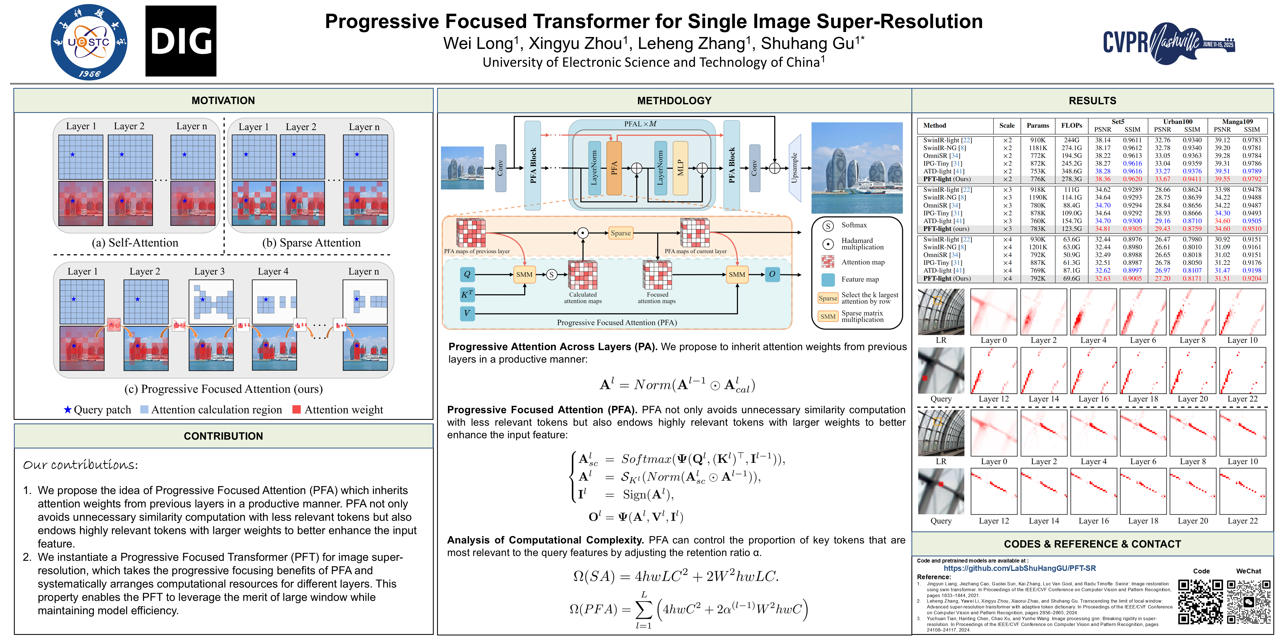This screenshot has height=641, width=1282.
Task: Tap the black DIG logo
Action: (x=181, y=41)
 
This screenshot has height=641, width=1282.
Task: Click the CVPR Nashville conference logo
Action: (x=1168, y=42)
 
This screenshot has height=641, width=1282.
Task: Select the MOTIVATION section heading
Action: (x=223, y=100)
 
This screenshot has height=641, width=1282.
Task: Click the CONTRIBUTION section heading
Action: (x=223, y=436)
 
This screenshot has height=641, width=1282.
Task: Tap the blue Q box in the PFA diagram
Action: (x=467, y=274)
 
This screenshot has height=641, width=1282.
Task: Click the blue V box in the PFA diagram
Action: (x=467, y=313)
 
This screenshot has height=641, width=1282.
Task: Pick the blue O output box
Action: (x=772, y=274)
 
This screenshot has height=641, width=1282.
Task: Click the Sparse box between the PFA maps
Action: (x=621, y=233)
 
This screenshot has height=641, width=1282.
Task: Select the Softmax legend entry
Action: (x=854, y=225)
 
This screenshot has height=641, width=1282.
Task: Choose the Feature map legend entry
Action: (x=859, y=280)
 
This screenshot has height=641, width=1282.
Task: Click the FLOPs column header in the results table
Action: (x=1071, y=125)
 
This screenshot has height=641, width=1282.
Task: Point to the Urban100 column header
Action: (x=1177, y=121)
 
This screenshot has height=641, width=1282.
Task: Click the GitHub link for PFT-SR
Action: (x=1019, y=568)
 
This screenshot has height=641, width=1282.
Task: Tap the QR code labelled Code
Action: (x=1200, y=601)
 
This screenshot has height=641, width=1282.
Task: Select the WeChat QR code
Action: (x=1248, y=601)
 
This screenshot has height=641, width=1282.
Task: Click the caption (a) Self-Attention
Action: (x=135, y=243)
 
